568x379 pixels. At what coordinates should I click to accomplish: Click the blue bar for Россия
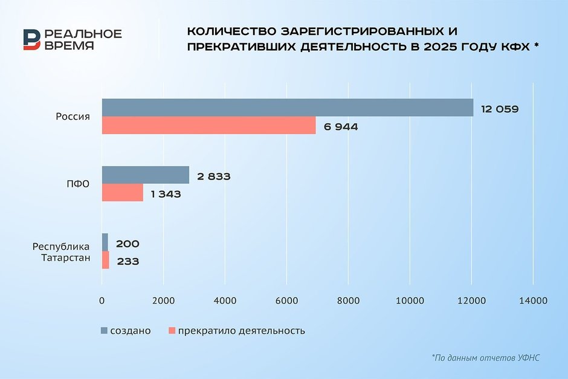(288, 108)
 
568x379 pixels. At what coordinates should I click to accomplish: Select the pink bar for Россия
(208, 126)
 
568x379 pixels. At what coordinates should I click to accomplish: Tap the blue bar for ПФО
(145, 175)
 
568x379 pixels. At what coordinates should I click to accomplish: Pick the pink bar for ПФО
(122, 193)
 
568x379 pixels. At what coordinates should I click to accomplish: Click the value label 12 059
(500, 109)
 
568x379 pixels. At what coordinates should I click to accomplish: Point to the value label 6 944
(340, 127)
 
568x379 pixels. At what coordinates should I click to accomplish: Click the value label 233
(127, 262)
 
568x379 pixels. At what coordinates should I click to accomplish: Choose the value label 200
(127, 244)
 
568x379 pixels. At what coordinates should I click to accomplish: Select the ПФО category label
(78, 184)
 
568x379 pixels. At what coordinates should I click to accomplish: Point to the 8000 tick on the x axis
(348, 300)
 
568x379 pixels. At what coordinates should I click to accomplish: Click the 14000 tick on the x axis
(532, 300)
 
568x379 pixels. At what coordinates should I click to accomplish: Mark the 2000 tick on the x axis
(163, 300)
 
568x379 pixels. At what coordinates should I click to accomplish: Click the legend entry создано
(125, 331)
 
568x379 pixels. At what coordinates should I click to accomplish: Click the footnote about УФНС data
(485, 358)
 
